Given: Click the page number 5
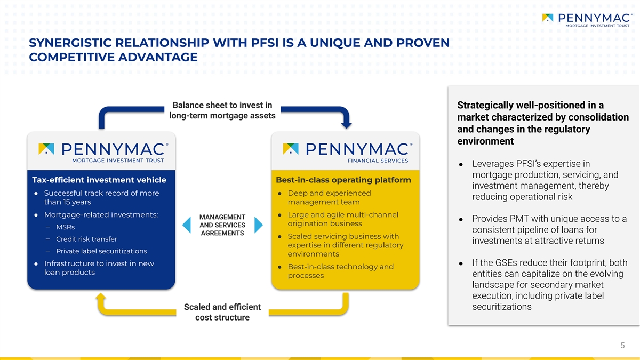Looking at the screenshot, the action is tap(622, 346).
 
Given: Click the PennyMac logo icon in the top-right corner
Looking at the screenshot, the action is tap(547, 18).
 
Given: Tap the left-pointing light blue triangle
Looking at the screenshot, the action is tap(187, 225).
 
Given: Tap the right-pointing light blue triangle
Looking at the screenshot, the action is tap(259, 225).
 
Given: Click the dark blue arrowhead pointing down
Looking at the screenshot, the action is tap(347, 125).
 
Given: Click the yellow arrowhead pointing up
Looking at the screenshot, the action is tap(101, 297).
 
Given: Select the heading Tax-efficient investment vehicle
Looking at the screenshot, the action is tap(99, 180).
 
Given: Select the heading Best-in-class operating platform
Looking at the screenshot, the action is tap(343, 180).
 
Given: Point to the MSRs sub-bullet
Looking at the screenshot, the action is tap(65, 227).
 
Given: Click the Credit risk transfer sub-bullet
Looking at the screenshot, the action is tap(86, 239).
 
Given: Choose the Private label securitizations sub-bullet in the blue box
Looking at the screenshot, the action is tap(101, 251).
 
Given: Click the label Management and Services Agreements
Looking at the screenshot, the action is tap(222, 225).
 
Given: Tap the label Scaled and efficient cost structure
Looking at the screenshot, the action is tap(222, 312).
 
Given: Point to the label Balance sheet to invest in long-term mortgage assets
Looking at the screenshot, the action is tap(222, 110).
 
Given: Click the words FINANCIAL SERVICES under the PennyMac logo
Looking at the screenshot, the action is tap(378, 161).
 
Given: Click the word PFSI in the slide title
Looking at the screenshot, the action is tap(265, 43).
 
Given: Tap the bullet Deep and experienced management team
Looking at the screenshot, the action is tap(329, 197).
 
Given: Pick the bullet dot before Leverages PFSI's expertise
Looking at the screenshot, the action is tap(461, 165).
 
